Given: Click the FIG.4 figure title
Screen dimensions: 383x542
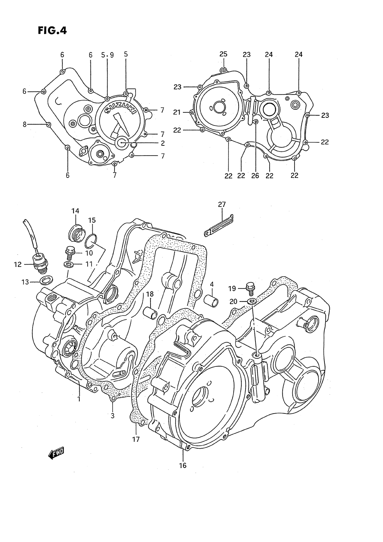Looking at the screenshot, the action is click(52, 31).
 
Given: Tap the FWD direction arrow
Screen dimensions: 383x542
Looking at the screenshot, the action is click(56, 455).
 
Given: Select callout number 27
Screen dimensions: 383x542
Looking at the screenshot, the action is click(222, 205).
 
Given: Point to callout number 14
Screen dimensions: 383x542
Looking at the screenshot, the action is click(75, 211).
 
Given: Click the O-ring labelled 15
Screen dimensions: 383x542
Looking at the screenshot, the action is click(91, 241).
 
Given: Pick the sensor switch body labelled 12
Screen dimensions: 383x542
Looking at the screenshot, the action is click(40, 266).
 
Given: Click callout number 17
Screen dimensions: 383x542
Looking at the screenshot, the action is click(136, 439).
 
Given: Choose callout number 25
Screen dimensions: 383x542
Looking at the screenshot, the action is click(223, 54).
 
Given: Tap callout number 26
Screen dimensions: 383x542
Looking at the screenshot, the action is click(255, 176).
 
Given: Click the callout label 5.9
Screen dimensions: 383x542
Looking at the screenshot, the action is click(107, 55).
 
